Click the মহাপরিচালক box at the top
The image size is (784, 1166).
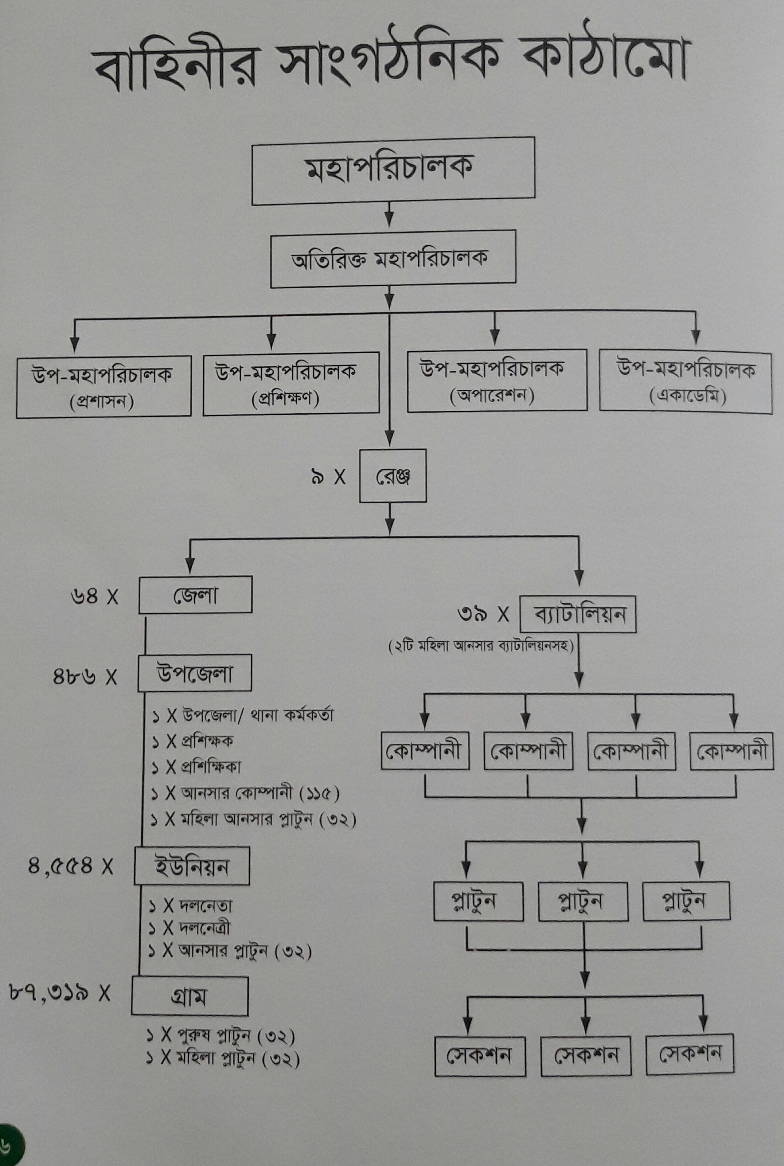click(x=393, y=171)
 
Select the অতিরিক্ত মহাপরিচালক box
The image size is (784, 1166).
click(x=393, y=259)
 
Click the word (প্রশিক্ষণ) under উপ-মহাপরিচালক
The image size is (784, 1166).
click(x=286, y=399)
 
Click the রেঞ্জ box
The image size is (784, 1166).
click(x=393, y=476)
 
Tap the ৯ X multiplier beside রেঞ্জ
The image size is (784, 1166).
click(x=328, y=477)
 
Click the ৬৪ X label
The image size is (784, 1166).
click(x=95, y=596)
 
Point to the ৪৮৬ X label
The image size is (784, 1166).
click(x=85, y=677)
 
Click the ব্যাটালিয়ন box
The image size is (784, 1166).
click(x=578, y=614)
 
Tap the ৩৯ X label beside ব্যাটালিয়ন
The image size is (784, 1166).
click(x=483, y=614)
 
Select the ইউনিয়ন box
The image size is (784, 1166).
click(x=192, y=866)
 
